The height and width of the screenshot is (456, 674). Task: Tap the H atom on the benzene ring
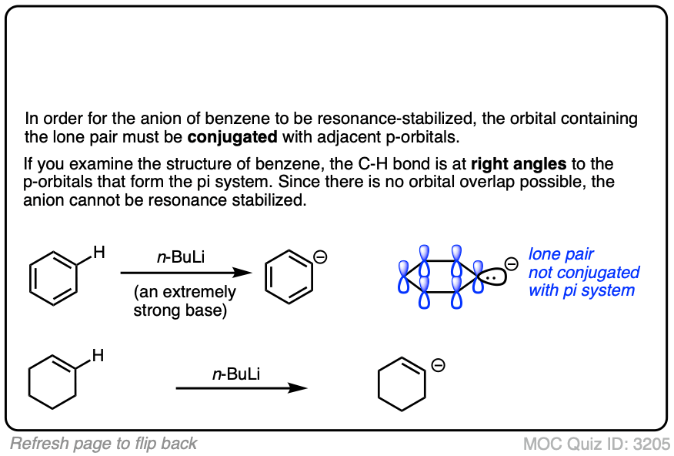click(98, 251)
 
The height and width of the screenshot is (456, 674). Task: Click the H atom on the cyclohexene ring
click(98, 355)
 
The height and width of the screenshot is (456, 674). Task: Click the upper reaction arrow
click(186, 273)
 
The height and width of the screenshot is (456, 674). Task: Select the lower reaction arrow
click(242, 388)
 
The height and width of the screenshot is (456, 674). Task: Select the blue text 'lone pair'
click(561, 254)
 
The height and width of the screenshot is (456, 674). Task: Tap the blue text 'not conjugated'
click(583, 272)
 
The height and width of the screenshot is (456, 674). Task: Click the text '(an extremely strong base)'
click(185, 300)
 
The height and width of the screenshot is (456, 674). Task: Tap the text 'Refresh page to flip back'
click(103, 443)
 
